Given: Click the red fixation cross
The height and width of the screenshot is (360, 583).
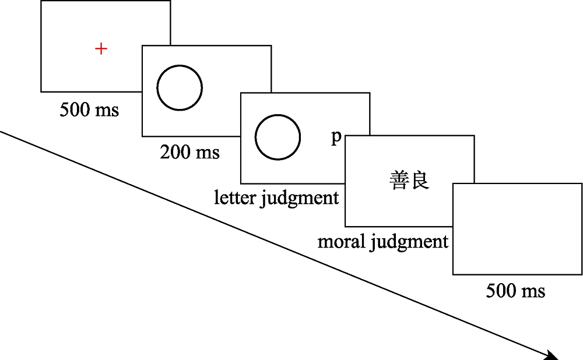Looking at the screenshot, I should pos(101,49).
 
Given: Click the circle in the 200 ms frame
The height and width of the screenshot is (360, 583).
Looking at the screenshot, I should pos(180,88).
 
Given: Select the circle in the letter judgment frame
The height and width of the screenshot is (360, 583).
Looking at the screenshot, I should pos(278,137).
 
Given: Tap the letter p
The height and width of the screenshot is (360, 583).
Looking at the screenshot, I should pos(335,137).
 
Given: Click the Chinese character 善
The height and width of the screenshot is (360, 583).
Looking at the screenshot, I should pos(399,181).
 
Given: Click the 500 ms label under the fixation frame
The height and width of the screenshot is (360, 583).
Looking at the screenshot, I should pos(89,109).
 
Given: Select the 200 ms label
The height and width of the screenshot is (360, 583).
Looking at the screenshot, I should pos(190,152).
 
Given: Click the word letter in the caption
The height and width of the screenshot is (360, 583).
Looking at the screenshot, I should pos(236,198).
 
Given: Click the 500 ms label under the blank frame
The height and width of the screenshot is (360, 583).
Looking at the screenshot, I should pos(516,290).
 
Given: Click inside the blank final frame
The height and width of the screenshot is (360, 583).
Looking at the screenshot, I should pos(517,228).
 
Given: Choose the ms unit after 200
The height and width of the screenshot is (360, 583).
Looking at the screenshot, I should pos(208,153).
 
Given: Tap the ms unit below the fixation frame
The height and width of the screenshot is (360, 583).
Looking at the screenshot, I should pos(107,110).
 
